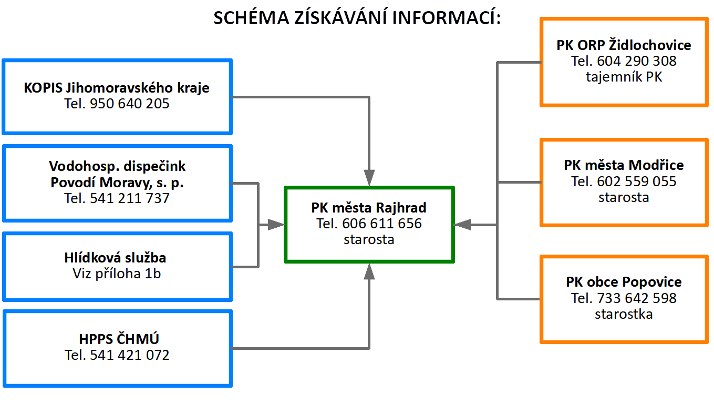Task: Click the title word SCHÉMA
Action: (x=251, y=17)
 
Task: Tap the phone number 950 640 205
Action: (x=129, y=104)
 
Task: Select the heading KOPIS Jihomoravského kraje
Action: (x=117, y=88)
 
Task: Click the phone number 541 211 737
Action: (x=129, y=198)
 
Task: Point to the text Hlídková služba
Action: (x=116, y=258)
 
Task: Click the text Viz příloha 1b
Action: (x=117, y=274)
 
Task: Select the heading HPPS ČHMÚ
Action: (x=119, y=339)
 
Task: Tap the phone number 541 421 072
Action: (x=129, y=355)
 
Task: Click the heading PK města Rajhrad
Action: (x=369, y=208)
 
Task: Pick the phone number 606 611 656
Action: (x=382, y=224)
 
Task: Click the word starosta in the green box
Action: (x=369, y=239)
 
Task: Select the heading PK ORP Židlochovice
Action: (x=624, y=45)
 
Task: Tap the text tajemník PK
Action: (x=624, y=77)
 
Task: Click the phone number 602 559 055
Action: (x=637, y=181)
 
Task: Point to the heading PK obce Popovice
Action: (x=624, y=282)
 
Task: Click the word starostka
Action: (x=624, y=314)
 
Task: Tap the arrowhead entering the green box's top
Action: (x=369, y=177)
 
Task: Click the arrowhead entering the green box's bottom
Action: (x=369, y=271)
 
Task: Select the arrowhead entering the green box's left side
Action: (x=276, y=225)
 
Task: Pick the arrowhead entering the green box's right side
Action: (x=462, y=225)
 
